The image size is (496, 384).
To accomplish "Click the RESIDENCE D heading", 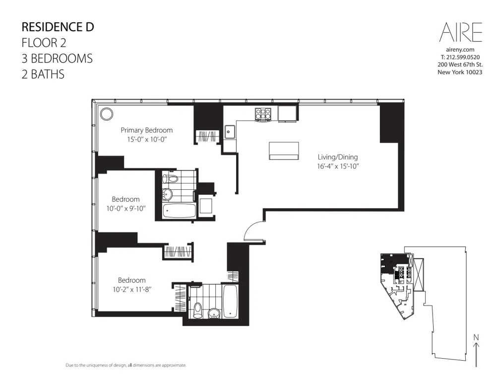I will pyautogui.click(x=58, y=27).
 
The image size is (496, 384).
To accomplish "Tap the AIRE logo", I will pyautogui.click(x=460, y=33).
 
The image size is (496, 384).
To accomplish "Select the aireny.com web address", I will pyautogui.click(x=460, y=50).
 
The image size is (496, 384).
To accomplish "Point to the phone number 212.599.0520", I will pyautogui.click(x=460, y=57).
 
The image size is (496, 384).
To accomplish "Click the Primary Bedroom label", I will pyautogui.click(x=147, y=131).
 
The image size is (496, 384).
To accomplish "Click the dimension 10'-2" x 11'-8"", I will pyautogui.click(x=131, y=289).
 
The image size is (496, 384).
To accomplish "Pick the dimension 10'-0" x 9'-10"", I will pyautogui.click(x=126, y=209).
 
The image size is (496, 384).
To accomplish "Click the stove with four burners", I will pyautogui.click(x=263, y=115).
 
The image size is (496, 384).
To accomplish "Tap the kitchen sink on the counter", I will pyautogui.click(x=230, y=132).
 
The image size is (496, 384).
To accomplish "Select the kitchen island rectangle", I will pyautogui.click(x=284, y=151).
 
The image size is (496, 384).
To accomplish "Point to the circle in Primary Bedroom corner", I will pyautogui.click(x=106, y=114).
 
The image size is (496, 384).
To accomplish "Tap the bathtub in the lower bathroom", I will pyautogui.click(x=231, y=301).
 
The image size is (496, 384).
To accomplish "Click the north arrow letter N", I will pyautogui.click(x=476, y=338).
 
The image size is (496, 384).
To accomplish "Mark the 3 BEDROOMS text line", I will pyautogui.click(x=57, y=59).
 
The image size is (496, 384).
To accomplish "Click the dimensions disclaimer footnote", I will pyautogui.click(x=126, y=365).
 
